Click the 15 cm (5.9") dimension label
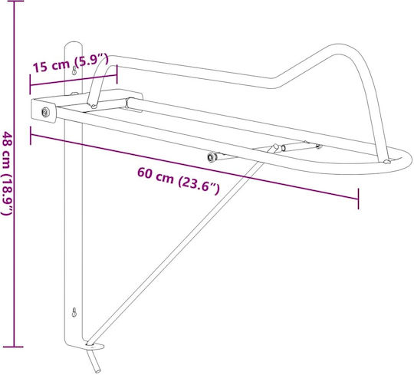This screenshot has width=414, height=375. tap(71, 63)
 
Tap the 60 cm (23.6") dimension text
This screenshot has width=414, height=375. tap(178, 181)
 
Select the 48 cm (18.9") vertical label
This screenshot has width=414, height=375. tap(8, 173)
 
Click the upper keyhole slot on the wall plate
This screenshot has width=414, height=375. tap(74, 71)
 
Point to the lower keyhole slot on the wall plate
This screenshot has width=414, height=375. tap(74, 312)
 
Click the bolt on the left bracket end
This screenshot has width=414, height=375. tap(46, 112)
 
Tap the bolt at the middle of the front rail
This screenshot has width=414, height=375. tap(212, 157)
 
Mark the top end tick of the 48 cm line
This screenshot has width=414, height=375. tap(14, 1)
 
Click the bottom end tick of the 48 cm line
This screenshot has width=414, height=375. tap(14, 347)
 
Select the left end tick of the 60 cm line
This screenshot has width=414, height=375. tap(31, 136)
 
